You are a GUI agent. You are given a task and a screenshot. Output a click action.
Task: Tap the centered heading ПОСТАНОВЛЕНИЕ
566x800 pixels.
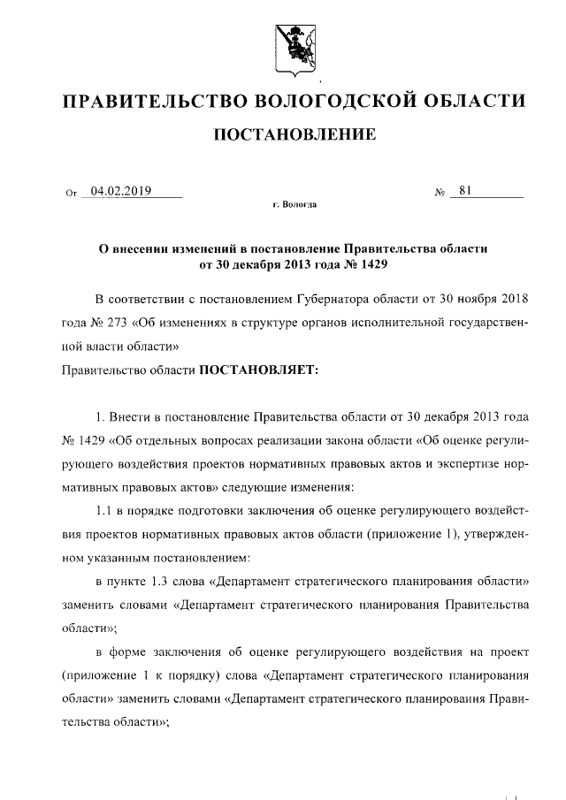tap(292, 135)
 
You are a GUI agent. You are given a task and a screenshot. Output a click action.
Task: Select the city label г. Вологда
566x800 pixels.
tap(294, 205)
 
